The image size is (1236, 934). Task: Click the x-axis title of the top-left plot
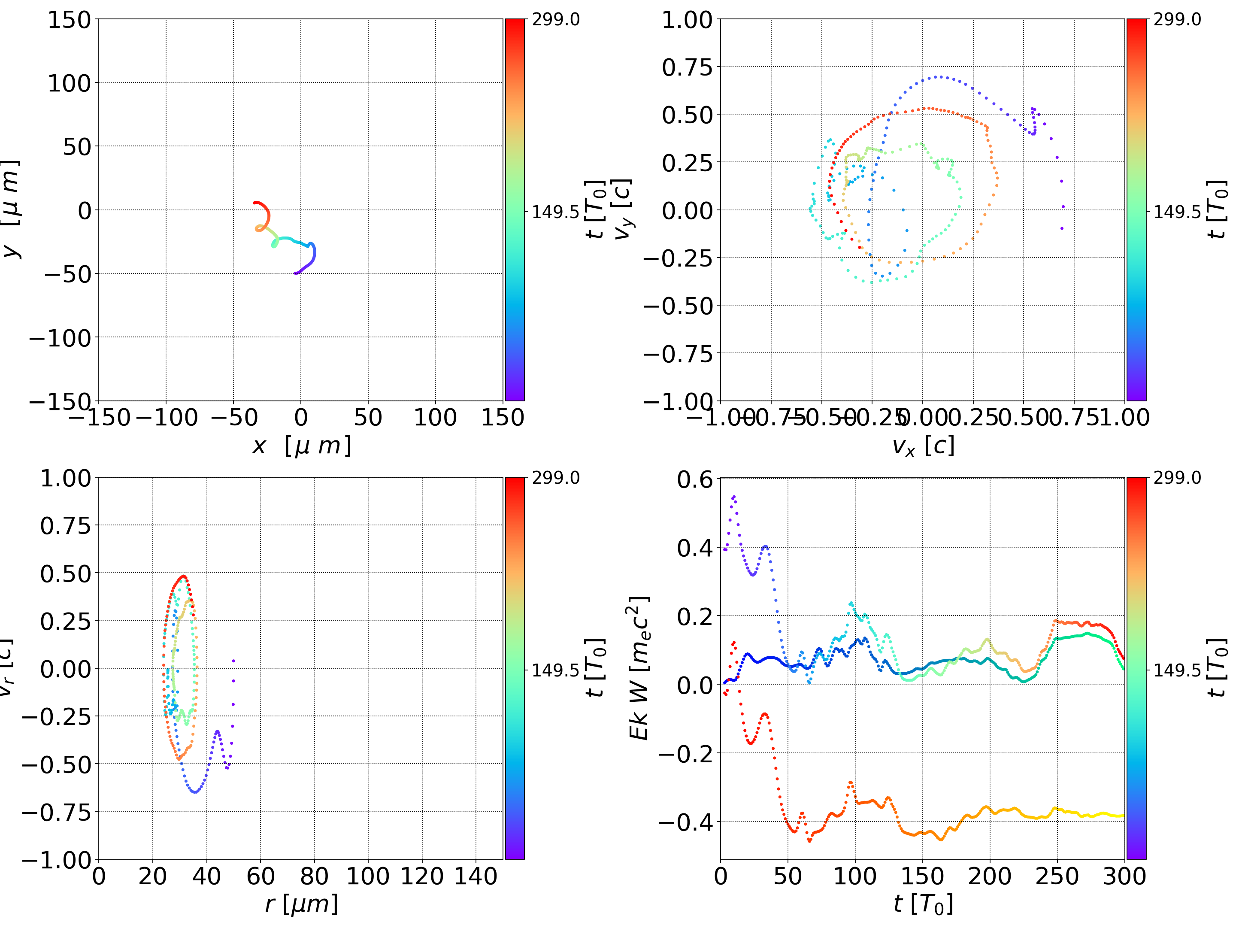coord(301,446)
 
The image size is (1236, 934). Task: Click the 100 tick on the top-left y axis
coord(69,83)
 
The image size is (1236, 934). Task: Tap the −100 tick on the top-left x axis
coord(167,418)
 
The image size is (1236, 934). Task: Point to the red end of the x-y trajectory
coord(255,203)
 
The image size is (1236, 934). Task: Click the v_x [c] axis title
coord(923,446)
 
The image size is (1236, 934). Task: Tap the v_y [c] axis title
coord(622,209)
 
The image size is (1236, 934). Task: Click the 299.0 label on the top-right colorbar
coord(1177,20)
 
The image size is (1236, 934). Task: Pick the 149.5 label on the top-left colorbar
coord(555,212)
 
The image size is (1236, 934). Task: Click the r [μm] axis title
coord(301,904)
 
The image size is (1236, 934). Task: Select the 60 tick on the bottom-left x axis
coord(261,876)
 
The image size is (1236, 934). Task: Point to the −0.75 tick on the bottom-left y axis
coord(56,812)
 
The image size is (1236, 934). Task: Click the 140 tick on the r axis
coord(476,876)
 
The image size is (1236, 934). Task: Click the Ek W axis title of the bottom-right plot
coord(639,668)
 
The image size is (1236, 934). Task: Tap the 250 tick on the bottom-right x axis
coord(1057,876)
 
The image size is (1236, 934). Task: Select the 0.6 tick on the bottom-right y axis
coord(695,479)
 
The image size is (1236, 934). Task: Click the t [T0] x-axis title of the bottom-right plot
coord(923,904)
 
